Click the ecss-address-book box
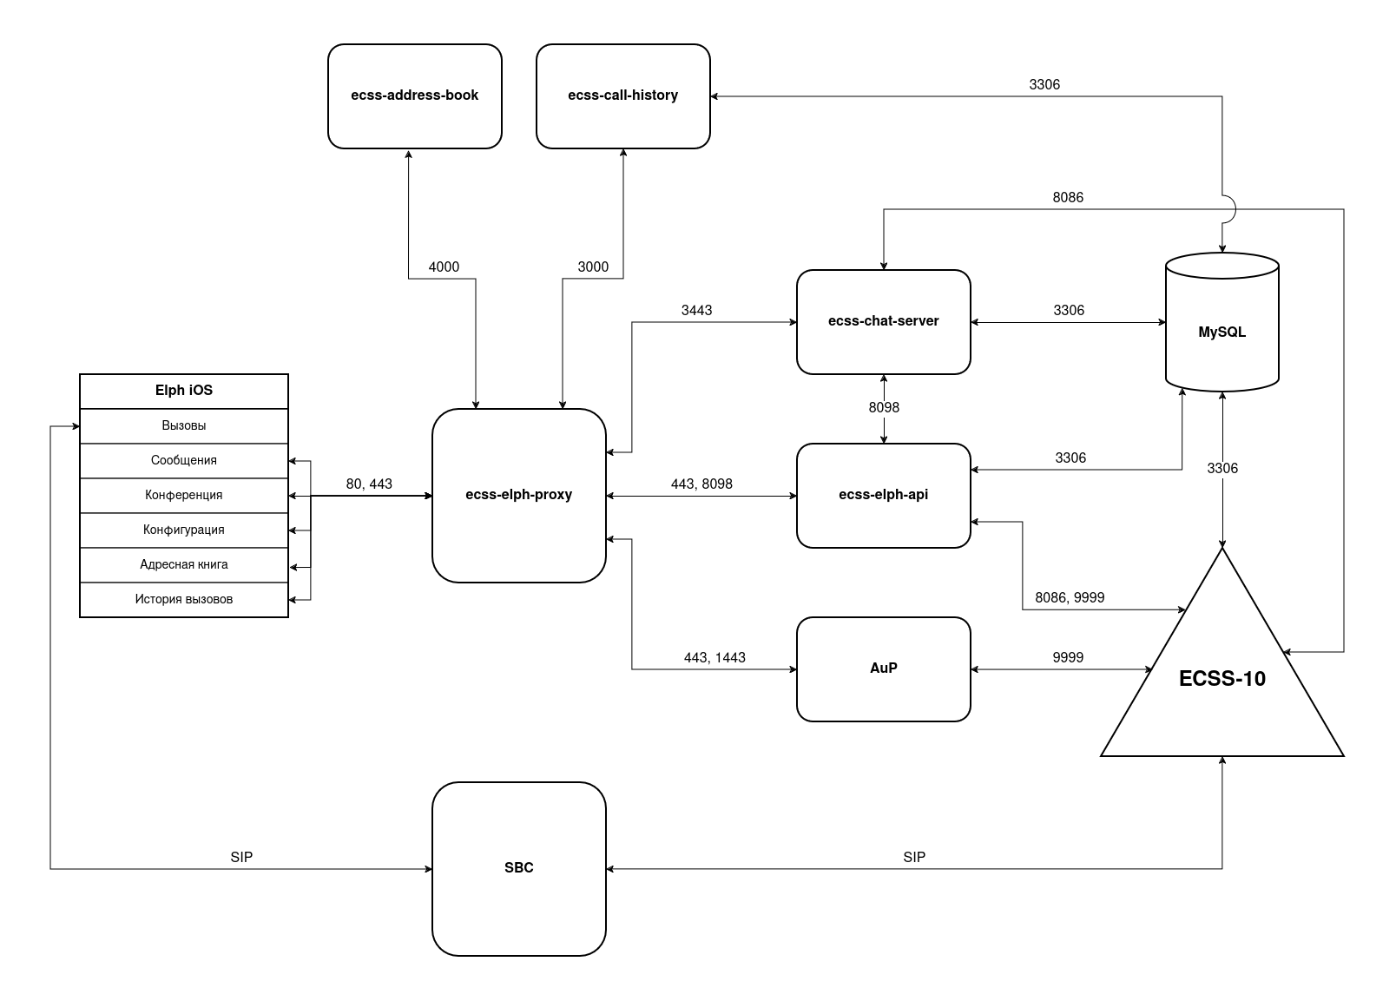[x=414, y=96]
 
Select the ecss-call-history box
[x=622, y=96]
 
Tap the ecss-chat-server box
[x=883, y=322]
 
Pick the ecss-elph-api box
[x=883, y=496]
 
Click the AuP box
[x=883, y=669]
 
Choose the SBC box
[x=518, y=868]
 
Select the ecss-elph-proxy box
[x=518, y=496]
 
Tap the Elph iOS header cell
[x=183, y=391]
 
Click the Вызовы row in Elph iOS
[x=183, y=426]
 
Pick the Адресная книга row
[x=183, y=565]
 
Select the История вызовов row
[x=183, y=600]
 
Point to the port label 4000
[x=444, y=267]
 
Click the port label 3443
[x=696, y=311]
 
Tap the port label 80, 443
[x=369, y=484]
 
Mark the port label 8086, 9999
[x=1070, y=598]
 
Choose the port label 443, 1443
[x=714, y=658]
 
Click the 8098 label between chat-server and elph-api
[x=884, y=408]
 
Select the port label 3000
[x=593, y=267]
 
